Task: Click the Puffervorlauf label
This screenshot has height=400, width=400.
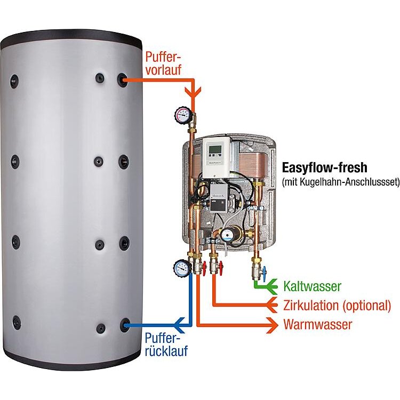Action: point(163,63)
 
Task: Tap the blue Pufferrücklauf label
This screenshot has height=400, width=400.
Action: point(166,345)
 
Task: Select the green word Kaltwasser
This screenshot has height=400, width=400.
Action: point(312,286)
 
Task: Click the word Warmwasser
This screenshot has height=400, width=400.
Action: point(318,324)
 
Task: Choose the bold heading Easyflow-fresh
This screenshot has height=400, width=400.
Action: point(324,168)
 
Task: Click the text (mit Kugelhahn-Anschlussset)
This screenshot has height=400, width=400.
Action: point(341,182)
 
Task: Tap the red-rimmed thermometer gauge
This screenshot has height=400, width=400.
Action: point(182,115)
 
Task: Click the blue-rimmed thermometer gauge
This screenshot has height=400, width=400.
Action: point(182,268)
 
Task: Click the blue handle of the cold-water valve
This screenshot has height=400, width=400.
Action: point(265,271)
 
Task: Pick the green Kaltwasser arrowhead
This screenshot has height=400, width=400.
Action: point(271,287)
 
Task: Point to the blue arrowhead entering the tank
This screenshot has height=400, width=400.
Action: point(179,325)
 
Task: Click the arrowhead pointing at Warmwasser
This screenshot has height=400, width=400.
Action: point(272,325)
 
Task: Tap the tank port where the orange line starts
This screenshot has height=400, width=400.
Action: point(123,80)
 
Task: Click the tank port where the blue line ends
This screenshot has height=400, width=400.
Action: point(124,325)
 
